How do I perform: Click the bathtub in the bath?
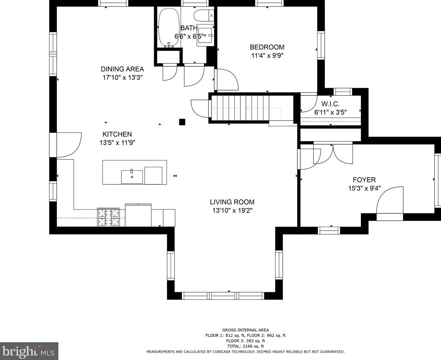point(169,27)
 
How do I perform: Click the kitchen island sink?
point(132,177)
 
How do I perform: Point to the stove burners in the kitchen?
point(108,217)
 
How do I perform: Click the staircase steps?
point(240,108)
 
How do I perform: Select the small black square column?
point(182,122)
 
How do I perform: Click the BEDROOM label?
point(267,47)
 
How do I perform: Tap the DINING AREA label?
point(122,69)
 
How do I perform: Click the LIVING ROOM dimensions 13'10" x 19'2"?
point(232,210)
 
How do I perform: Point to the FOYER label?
point(364,180)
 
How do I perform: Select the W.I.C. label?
point(330,104)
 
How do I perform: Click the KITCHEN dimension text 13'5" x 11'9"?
point(117,143)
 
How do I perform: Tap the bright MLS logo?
point(29,351)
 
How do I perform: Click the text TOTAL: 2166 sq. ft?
point(246,346)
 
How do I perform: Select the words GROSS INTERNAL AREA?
point(246,330)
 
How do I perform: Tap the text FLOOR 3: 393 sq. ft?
point(246,341)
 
